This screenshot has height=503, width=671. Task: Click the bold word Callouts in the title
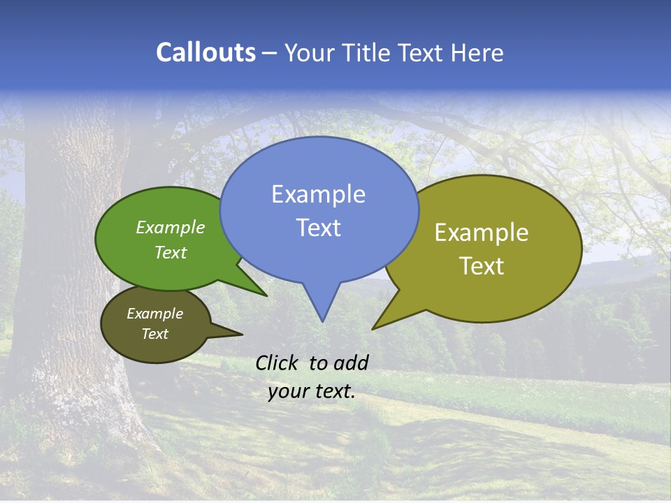205,52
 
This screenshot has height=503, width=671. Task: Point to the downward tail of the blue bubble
322,304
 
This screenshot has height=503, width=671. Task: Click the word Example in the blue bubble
318,194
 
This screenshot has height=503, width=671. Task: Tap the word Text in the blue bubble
318,227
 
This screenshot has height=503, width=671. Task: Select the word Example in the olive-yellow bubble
482,232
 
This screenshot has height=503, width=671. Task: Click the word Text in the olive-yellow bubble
482,265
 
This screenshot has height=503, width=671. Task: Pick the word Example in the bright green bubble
170,227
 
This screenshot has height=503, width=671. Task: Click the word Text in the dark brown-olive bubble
154,334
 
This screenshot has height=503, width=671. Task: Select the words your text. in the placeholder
312,391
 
